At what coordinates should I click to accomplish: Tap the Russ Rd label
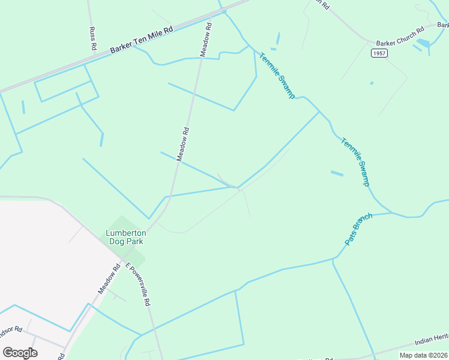[92, 38]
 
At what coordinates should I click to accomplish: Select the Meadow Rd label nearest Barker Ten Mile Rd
[206, 40]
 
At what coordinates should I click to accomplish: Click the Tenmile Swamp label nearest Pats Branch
[355, 162]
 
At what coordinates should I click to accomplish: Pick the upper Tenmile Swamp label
[277, 76]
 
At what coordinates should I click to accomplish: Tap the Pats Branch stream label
[359, 229]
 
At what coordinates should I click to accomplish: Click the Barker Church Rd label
[400, 36]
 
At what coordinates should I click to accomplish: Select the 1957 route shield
[379, 53]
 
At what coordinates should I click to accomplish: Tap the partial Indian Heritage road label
[431, 341]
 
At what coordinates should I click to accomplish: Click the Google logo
[20, 352]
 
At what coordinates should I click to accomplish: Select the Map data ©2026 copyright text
[423, 355]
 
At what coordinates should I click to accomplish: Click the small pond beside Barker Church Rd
[423, 43]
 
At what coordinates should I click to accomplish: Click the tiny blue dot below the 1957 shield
[372, 83]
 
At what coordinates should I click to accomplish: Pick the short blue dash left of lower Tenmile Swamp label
[337, 173]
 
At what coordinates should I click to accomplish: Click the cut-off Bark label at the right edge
[443, 25]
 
